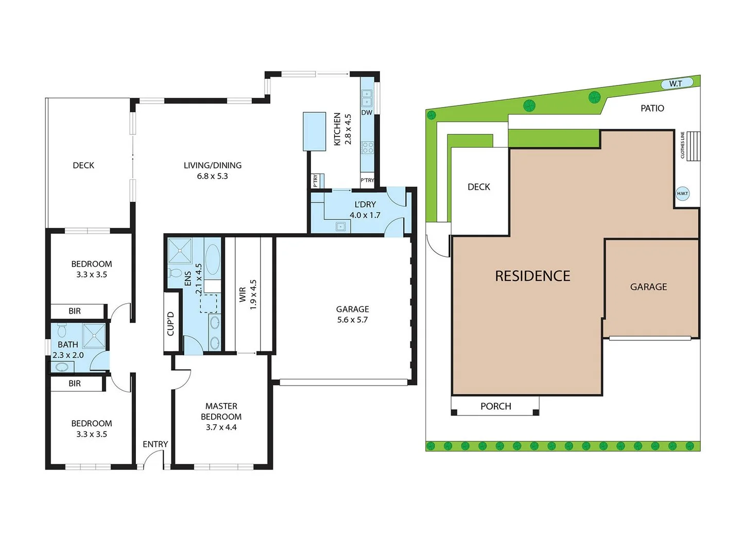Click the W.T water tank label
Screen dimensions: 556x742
point(676,83)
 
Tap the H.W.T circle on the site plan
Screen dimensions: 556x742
point(682,194)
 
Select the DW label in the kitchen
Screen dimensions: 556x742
point(367,112)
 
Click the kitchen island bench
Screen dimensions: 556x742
point(314,131)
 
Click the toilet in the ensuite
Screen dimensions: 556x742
point(175,272)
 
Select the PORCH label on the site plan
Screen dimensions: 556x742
point(495,406)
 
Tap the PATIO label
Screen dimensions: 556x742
point(652,108)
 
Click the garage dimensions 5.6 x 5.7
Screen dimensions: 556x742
point(352,320)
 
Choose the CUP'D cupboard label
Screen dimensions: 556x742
point(171,323)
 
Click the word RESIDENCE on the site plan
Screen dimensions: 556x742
point(532,276)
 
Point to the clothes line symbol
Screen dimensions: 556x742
point(693,146)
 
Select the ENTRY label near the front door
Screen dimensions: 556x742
point(155,444)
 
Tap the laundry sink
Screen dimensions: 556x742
point(340,225)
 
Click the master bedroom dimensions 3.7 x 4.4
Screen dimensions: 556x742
point(221,427)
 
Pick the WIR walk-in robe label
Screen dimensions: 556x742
point(243,294)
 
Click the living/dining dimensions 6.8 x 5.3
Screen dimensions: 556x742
point(212,176)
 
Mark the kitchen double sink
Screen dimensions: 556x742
point(367,98)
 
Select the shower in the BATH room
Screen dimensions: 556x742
point(94,335)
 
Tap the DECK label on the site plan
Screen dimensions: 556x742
point(478,187)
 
